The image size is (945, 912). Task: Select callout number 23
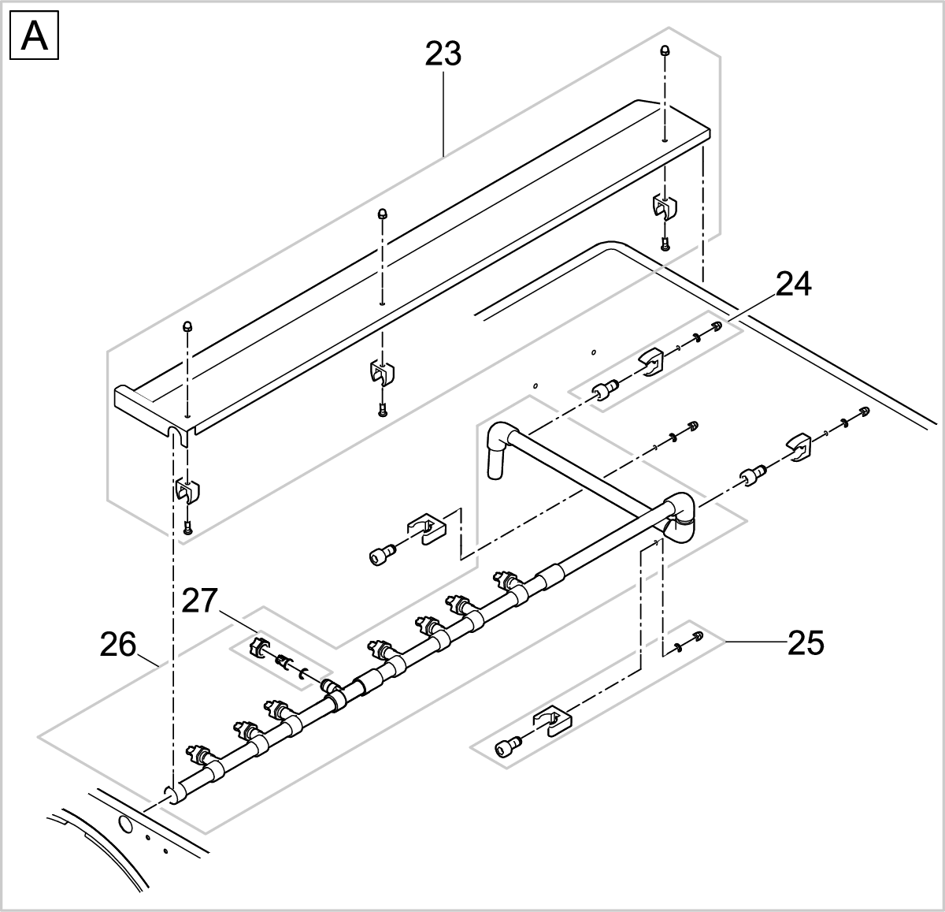click(x=443, y=54)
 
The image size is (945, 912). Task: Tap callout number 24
click(x=793, y=285)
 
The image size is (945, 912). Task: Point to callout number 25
click(x=806, y=643)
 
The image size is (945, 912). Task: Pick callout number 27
click(x=199, y=601)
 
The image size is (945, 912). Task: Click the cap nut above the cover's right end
click(x=665, y=50)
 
